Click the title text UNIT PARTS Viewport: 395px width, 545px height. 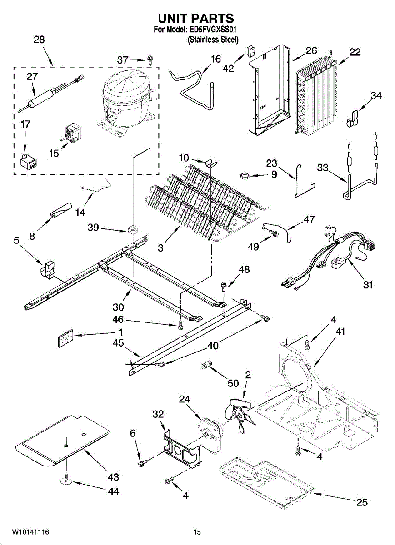tap(196, 18)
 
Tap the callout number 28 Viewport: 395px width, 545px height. tap(39, 40)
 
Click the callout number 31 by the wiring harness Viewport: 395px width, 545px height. tap(368, 285)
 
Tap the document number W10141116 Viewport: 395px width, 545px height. tap(30, 532)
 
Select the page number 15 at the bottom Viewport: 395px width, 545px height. tap(197, 532)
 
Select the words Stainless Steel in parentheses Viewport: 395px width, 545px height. tap(213, 40)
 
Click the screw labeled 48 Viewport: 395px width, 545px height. tap(224, 287)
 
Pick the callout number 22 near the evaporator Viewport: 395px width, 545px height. tap(355, 52)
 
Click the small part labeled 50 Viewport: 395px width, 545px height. tap(207, 365)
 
